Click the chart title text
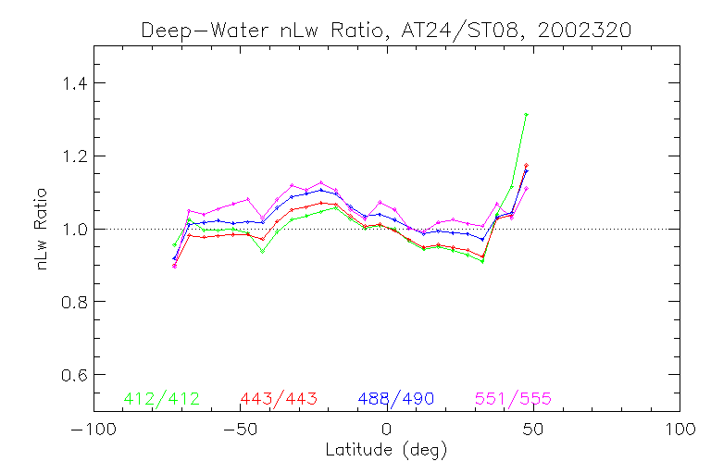point(386,30)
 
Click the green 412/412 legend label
point(161,399)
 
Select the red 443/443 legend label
point(279,399)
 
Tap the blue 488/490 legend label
point(396,399)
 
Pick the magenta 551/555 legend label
point(513,399)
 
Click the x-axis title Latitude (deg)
point(386,451)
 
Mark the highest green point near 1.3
point(526,114)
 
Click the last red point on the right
point(526,165)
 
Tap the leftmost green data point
point(174,244)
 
